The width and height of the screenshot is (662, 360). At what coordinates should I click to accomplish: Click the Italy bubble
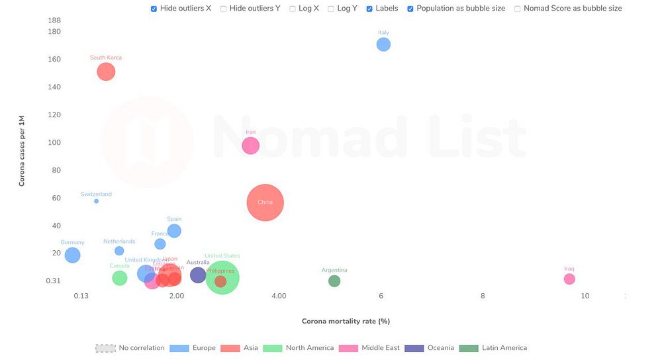tap(383, 44)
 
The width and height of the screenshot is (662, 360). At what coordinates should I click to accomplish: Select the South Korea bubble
tap(106, 71)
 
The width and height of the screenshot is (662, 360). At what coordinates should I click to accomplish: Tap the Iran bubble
tap(250, 146)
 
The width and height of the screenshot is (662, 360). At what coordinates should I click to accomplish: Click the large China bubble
tap(265, 202)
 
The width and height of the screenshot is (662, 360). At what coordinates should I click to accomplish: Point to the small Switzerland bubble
tap(96, 201)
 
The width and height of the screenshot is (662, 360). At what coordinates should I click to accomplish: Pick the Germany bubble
tap(72, 255)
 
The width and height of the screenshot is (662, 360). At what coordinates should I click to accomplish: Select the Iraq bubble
tap(569, 279)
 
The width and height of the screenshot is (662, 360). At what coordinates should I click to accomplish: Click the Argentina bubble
tap(334, 281)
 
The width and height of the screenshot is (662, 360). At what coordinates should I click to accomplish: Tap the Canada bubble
tap(119, 278)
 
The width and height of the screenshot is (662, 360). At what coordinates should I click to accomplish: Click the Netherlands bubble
tap(119, 251)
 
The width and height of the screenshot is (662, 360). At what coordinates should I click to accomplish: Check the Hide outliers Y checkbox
tap(224, 9)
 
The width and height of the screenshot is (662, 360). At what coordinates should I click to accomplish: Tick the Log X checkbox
tap(293, 9)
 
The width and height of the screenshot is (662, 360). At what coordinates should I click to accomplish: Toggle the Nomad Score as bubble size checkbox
tap(518, 9)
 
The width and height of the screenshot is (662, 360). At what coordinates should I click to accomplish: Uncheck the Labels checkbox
tap(369, 9)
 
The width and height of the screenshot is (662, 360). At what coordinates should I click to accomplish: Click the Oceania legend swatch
tap(414, 348)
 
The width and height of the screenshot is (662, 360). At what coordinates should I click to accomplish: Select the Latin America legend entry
tap(504, 348)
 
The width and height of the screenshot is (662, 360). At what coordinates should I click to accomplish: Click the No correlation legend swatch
tap(105, 348)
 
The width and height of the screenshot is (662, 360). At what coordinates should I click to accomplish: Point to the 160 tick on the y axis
tap(54, 60)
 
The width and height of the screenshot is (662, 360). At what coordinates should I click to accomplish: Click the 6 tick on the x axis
tap(381, 296)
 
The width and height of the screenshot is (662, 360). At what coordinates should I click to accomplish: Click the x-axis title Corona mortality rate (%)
tap(346, 321)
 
